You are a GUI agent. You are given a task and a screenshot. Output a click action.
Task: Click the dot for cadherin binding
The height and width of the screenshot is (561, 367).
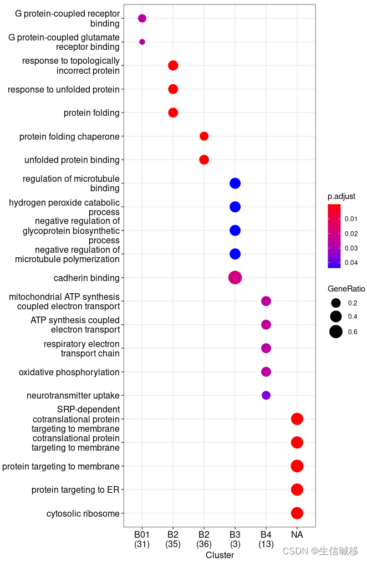(x=235, y=278)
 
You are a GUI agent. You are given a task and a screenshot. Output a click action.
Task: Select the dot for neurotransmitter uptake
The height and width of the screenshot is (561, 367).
(x=266, y=395)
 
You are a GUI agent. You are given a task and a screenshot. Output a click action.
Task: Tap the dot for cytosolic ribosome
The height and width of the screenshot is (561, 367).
(x=297, y=513)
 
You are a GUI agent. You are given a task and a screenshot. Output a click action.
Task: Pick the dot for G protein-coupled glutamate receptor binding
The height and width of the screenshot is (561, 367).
(x=142, y=42)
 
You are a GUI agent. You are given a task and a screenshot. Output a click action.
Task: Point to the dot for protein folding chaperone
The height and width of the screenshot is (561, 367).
(x=204, y=136)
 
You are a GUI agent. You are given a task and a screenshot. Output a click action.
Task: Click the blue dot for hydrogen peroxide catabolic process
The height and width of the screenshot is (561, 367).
(x=235, y=207)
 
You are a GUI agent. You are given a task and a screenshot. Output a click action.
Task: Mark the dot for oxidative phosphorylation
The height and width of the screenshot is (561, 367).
(x=266, y=372)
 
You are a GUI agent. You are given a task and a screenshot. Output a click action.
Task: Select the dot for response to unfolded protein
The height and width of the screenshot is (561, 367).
(x=173, y=89)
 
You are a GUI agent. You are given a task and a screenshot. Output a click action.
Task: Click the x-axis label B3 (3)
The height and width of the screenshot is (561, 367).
(x=235, y=539)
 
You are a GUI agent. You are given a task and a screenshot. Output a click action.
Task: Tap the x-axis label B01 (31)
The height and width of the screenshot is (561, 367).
(x=142, y=539)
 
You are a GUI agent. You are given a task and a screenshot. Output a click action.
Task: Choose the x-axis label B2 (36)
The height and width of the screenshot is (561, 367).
(x=204, y=539)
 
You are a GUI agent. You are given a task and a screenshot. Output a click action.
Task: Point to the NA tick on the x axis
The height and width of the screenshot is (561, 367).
(x=297, y=535)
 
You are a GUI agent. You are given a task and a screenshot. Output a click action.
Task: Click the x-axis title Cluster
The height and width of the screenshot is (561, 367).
(x=220, y=555)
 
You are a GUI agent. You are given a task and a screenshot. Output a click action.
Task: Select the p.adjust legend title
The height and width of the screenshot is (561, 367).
(x=341, y=196)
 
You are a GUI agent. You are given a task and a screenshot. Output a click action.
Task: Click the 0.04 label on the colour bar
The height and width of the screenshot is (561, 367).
(x=351, y=263)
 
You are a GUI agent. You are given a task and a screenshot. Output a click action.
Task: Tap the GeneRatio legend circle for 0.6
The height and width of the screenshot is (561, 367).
(x=335, y=332)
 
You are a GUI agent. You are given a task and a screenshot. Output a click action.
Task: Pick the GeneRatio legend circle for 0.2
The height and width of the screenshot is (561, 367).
(x=335, y=303)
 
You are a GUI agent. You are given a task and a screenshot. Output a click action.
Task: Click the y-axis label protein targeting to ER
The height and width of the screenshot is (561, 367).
(x=75, y=490)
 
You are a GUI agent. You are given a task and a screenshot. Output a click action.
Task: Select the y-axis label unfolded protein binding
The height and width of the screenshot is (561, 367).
(x=72, y=160)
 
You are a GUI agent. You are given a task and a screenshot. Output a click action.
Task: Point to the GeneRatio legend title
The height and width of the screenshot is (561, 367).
(x=346, y=289)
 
